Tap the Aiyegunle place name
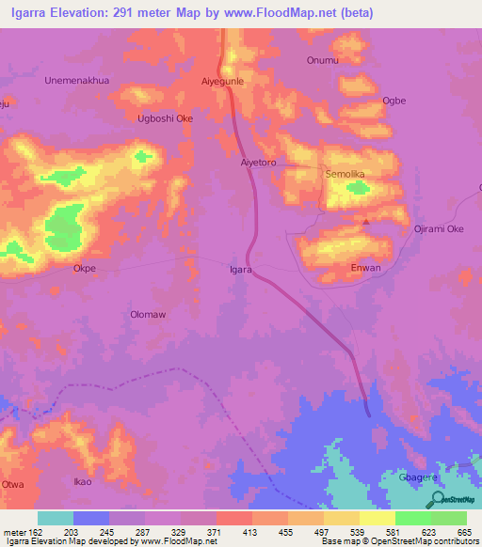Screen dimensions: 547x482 (223, 82)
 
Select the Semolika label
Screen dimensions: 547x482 (344, 175)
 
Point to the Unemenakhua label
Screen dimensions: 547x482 (77, 81)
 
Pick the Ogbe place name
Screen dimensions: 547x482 (394, 101)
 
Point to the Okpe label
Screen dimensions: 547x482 (85, 268)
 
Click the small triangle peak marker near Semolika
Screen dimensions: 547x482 (366, 222)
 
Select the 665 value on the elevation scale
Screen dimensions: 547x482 (461, 531)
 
